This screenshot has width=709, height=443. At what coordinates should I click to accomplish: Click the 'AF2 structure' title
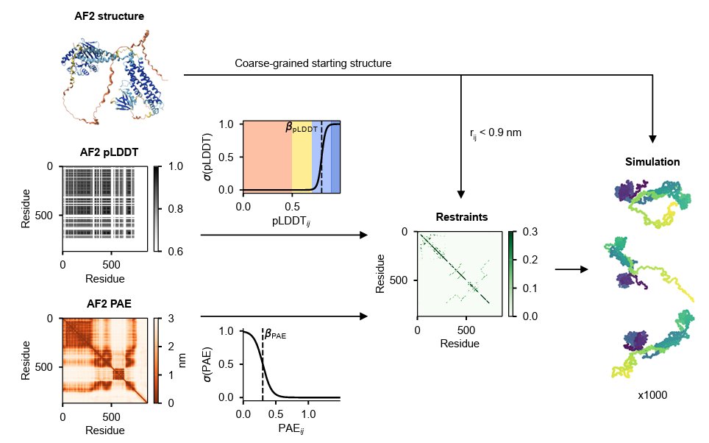tap(109, 15)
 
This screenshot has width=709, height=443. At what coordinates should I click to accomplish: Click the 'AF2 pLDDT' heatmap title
tap(109, 153)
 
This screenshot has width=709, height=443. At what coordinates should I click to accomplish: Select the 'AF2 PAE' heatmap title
tap(109, 302)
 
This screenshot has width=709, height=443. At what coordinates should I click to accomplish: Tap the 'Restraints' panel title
tap(461, 217)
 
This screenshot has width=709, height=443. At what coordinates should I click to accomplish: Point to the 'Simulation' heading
tap(652, 162)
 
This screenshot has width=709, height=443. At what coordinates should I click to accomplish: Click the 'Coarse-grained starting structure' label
tap(313, 63)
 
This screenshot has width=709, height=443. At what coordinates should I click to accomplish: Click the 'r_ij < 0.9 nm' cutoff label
tap(495, 134)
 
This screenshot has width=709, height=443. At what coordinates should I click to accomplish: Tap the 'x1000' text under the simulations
tap(652, 395)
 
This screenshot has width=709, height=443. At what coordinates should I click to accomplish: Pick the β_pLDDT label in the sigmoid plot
tap(302, 128)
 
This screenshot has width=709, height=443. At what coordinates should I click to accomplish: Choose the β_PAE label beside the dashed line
tap(275, 335)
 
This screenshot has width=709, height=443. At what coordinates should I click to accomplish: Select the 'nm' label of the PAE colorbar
tap(182, 360)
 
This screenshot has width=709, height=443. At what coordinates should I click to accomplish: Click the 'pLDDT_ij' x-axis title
tap(291, 221)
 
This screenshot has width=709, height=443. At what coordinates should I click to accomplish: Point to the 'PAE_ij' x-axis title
tap(291, 428)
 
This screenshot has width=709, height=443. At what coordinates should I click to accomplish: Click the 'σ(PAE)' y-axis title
tap(209, 364)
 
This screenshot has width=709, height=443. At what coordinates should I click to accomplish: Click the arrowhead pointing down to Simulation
tap(652, 139)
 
